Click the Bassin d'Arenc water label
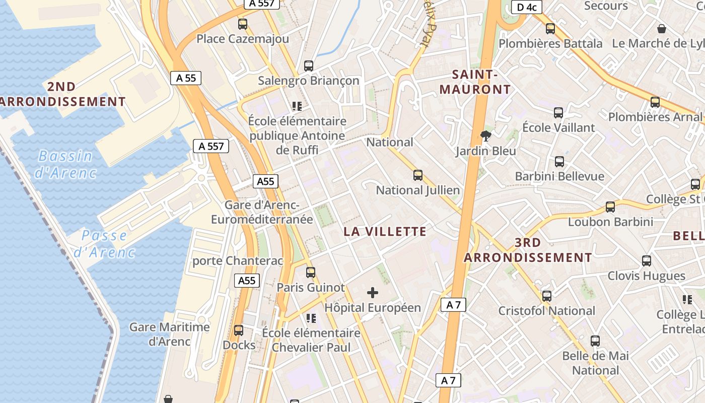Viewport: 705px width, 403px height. pyautogui.click(x=65, y=164)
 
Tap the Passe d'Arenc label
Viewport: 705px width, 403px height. pyautogui.click(x=104, y=243)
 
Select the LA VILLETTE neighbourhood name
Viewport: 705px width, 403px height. pyautogui.click(x=385, y=232)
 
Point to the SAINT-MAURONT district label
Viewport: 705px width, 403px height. pyautogui.click(x=475, y=82)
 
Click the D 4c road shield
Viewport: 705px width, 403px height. pyautogui.click(x=526, y=7)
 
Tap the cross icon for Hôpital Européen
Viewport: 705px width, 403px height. pyautogui.click(x=373, y=293)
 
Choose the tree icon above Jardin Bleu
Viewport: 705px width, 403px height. pyautogui.click(x=486, y=135)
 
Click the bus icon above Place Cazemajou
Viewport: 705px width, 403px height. pyautogui.click(x=243, y=24)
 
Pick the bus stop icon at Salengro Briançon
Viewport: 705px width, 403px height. pyautogui.click(x=309, y=65)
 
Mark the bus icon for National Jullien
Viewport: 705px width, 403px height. pyautogui.click(x=417, y=175)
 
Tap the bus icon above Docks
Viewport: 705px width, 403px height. pyautogui.click(x=239, y=330)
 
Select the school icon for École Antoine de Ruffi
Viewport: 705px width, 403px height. pyautogui.click(x=297, y=106)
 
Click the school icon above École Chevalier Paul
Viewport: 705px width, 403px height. pyautogui.click(x=311, y=318)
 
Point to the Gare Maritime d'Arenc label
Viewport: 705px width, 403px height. pyautogui.click(x=169, y=334)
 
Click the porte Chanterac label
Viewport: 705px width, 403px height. pyautogui.click(x=238, y=261)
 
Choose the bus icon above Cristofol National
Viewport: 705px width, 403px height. pyautogui.click(x=547, y=296)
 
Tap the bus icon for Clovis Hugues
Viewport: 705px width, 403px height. pyautogui.click(x=647, y=261)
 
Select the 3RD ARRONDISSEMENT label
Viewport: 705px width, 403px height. pyautogui.click(x=528, y=250)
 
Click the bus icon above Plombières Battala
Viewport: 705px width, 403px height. pyautogui.click(x=550, y=29)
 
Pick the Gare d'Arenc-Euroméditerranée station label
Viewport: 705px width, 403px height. pyautogui.click(x=262, y=212)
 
